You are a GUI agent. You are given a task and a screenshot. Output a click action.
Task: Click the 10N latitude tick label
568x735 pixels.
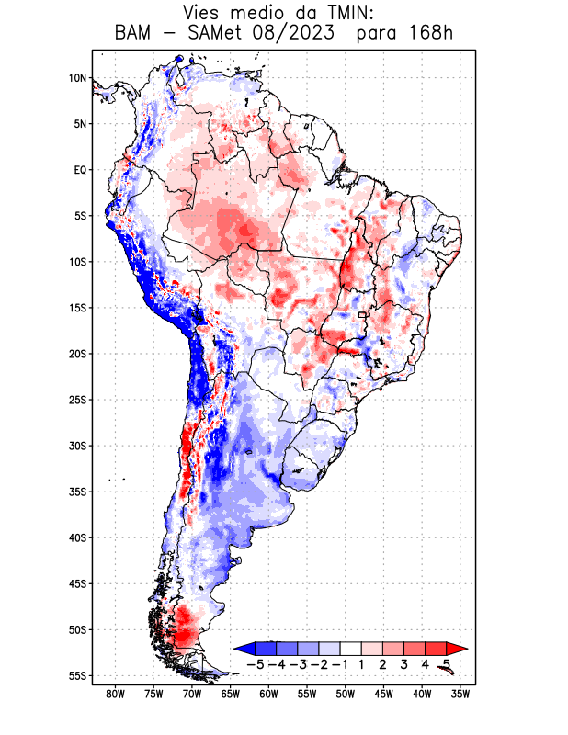pos(77,78)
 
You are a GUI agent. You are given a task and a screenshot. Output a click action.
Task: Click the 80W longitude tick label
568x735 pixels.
pos(115,694)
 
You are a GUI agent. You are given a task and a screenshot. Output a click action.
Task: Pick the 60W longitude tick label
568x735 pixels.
pos(268,694)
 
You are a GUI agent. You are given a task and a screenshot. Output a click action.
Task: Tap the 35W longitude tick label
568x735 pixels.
pos(460,694)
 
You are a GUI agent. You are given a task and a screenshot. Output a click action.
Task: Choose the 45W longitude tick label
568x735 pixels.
pos(383,694)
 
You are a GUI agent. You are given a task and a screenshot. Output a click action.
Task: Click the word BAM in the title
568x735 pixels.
pos(135,34)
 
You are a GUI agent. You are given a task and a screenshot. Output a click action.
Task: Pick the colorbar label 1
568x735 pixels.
pos(362,663)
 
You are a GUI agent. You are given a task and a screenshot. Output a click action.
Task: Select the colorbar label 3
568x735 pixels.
pos(404,663)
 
